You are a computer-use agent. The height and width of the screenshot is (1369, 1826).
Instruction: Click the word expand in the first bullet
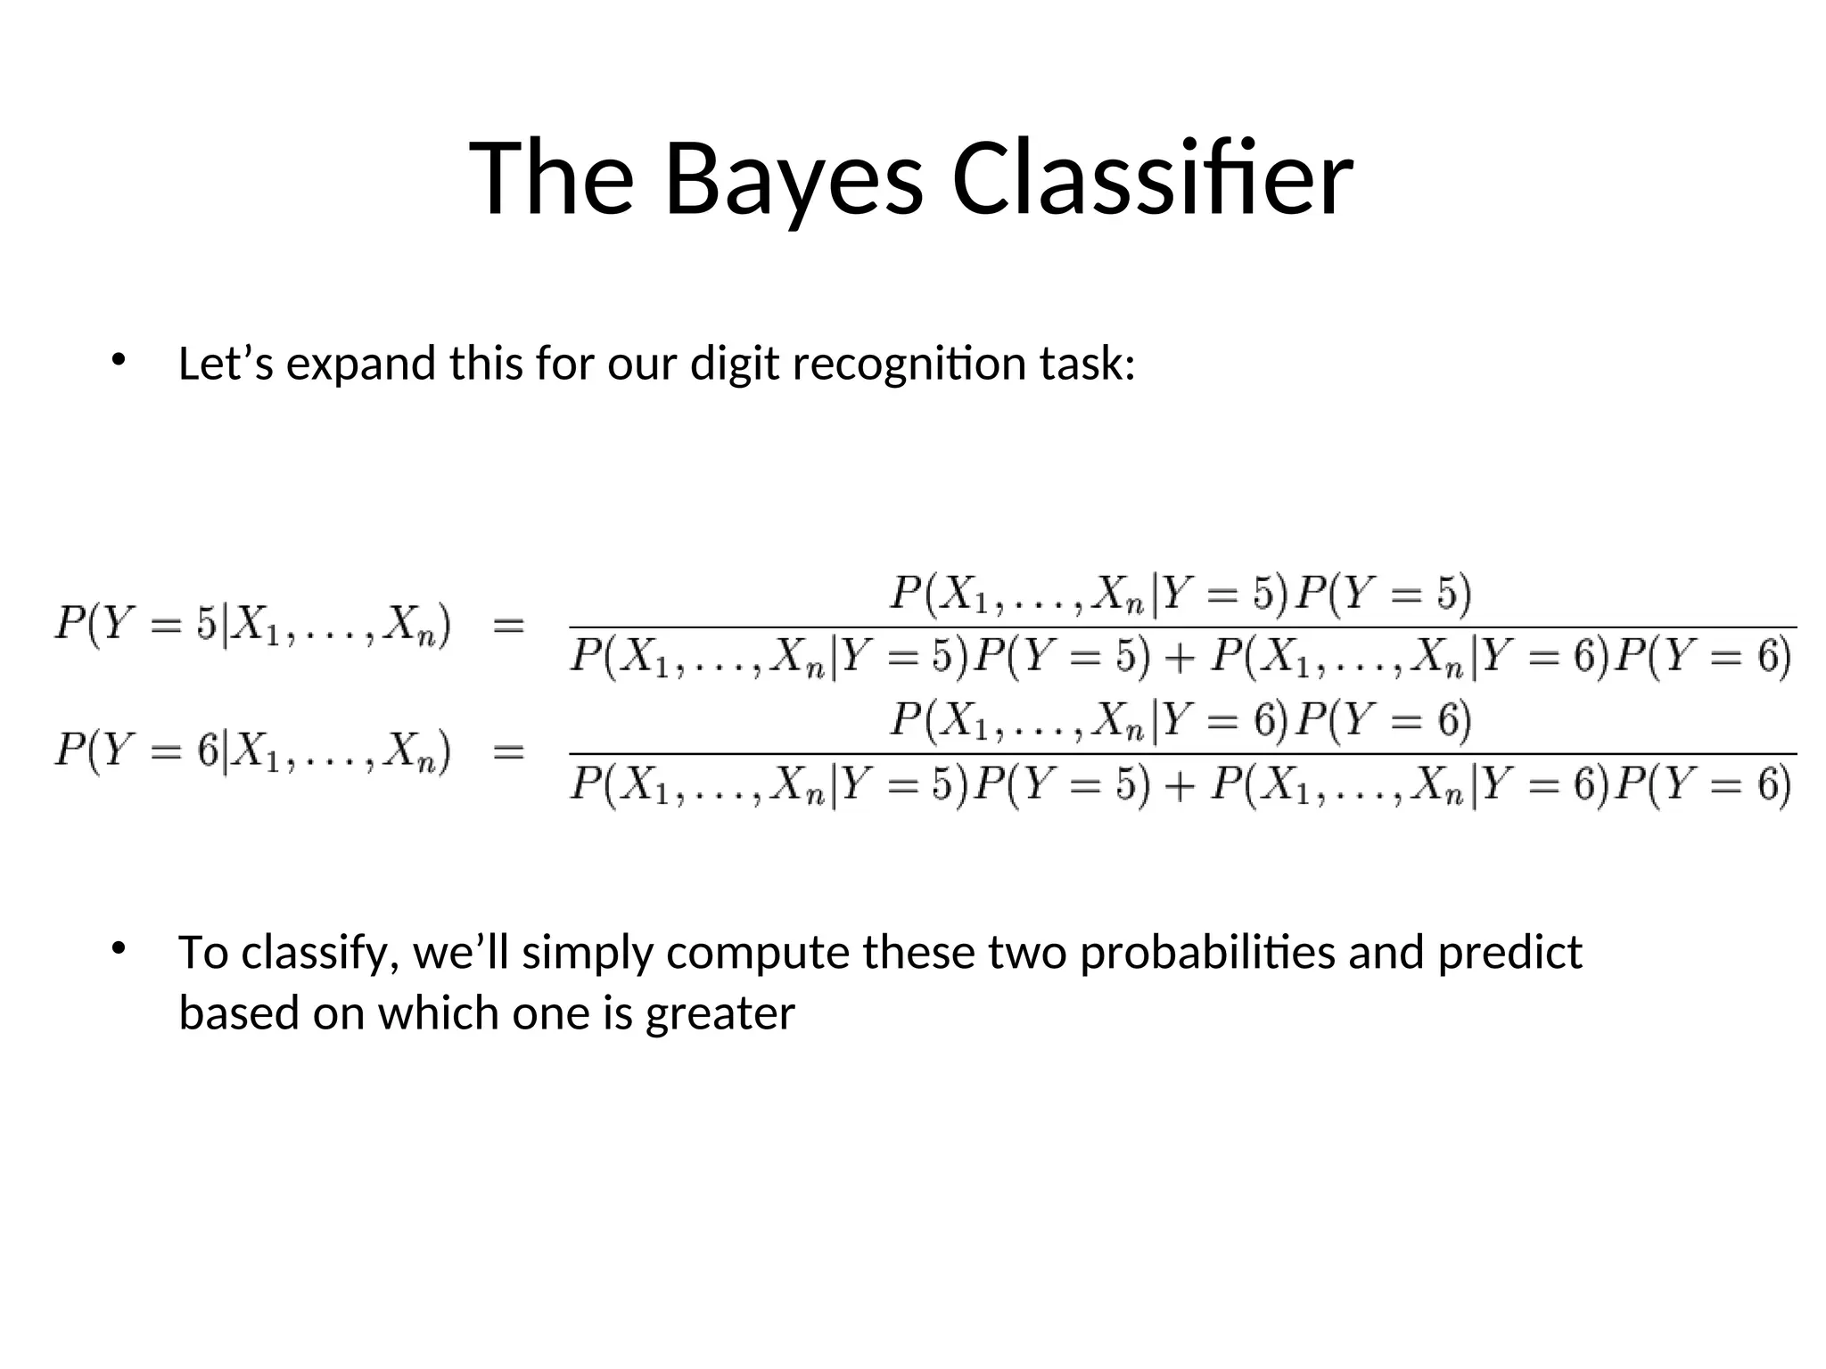click(x=360, y=365)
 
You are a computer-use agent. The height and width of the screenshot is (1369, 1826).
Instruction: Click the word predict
click(x=1509, y=953)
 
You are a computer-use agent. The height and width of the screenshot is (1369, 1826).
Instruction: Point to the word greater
click(x=720, y=1013)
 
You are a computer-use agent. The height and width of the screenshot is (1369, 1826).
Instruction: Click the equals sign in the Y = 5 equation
click(x=508, y=625)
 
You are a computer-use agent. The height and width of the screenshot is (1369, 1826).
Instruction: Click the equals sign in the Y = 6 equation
click(x=508, y=751)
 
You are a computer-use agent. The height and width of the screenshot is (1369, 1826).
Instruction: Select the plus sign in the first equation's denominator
click(x=1179, y=658)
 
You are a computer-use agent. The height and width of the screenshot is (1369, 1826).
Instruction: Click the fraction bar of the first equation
click(x=1182, y=627)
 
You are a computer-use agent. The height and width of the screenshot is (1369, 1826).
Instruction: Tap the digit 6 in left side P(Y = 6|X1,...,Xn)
click(x=207, y=750)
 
